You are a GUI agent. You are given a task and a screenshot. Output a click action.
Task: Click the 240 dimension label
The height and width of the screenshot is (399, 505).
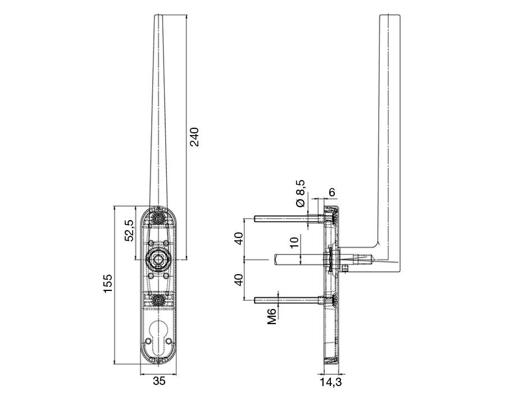click(194, 137)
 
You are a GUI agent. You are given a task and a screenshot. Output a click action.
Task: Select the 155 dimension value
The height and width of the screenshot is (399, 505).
click(108, 284)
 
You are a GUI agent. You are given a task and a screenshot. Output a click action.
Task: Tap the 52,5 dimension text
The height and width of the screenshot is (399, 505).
click(129, 230)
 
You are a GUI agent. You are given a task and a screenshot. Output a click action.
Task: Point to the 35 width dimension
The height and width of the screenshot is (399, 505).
click(159, 381)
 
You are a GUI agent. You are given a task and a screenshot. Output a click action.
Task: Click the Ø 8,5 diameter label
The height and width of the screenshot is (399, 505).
click(300, 194)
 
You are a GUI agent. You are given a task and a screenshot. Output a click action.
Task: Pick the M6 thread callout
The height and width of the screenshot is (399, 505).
click(272, 316)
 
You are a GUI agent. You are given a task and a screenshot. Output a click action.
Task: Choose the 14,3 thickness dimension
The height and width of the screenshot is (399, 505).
click(331, 382)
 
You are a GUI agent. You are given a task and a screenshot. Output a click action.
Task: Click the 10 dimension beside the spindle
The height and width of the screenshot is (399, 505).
click(294, 242)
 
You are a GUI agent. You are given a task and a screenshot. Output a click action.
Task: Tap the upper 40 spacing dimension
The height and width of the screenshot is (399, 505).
click(239, 238)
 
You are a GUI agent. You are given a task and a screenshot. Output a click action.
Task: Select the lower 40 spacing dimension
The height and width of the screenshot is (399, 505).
click(239, 280)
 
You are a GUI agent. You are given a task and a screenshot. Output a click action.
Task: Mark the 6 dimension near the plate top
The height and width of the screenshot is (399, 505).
click(332, 192)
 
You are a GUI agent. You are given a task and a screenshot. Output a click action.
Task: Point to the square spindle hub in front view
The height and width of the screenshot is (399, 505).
click(158, 259)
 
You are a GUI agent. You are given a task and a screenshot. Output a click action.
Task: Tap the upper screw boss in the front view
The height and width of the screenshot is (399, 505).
click(158, 219)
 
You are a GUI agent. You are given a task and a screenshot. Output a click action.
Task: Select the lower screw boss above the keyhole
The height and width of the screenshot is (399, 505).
click(158, 301)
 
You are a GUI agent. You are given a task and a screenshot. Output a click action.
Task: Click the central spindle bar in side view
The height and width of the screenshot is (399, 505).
click(299, 259)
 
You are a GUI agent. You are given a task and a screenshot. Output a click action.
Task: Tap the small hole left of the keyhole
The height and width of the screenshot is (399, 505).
click(148, 340)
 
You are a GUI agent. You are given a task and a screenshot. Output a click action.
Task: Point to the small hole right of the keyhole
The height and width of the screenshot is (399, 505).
click(169, 340)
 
